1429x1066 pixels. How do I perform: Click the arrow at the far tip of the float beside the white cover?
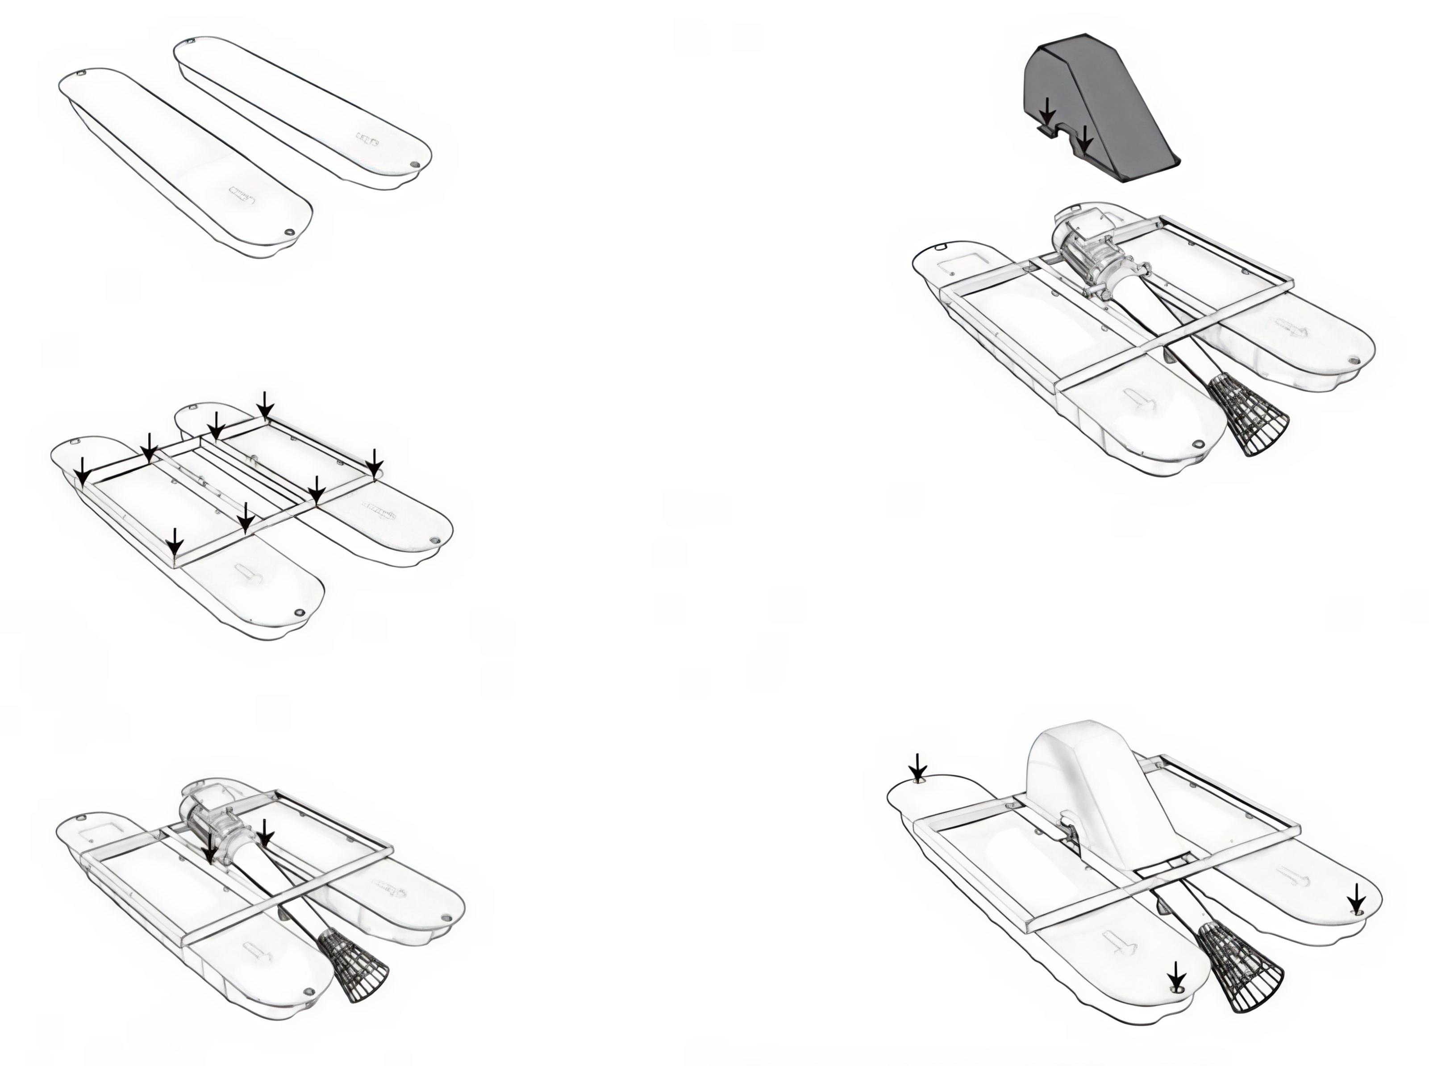click(917, 767)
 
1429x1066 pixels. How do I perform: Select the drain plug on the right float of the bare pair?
click(415, 165)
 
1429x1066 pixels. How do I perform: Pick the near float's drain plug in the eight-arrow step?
click(298, 612)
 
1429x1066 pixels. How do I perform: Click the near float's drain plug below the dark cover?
click(1199, 444)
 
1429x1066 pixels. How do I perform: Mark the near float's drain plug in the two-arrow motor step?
click(308, 991)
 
